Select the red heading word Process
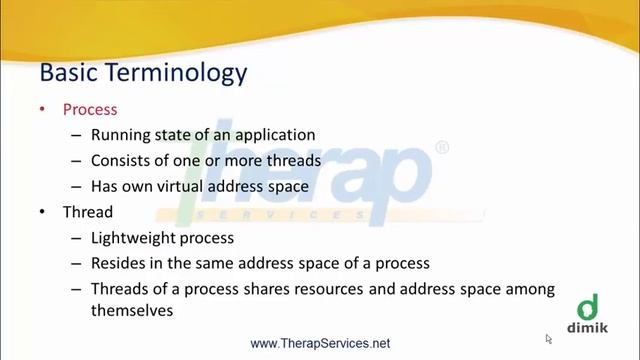(90, 109)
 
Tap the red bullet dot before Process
(42, 109)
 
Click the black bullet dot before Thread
(42, 213)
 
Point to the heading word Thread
(87, 213)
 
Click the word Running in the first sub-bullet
(118, 135)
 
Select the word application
(276, 135)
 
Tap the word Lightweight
(133, 238)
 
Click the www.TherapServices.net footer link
(320, 343)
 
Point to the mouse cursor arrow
(549, 339)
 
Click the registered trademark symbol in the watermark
(442, 148)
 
